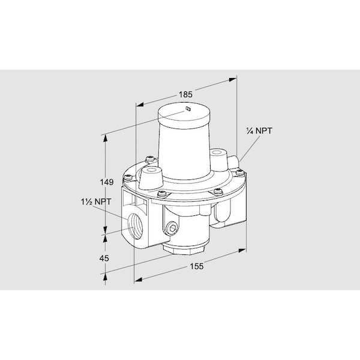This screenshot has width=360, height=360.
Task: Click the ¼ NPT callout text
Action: [x=259, y=131]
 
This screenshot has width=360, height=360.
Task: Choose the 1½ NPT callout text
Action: [x=92, y=204]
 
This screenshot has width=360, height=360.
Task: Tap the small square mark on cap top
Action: [x=188, y=109]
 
